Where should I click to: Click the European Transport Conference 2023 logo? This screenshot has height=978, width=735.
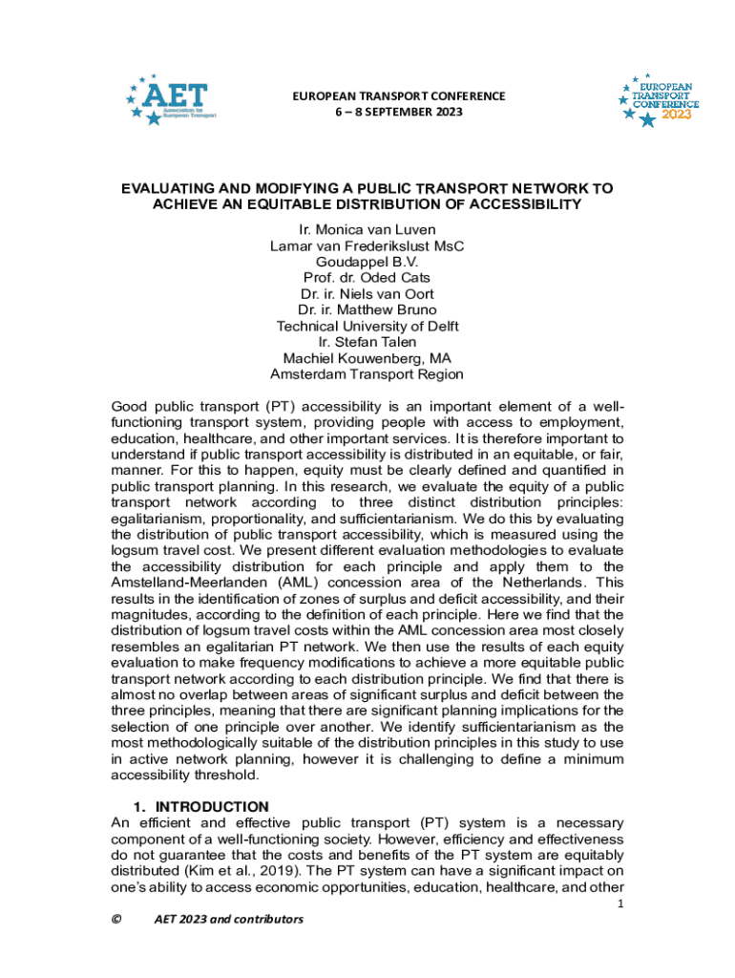pos(659,99)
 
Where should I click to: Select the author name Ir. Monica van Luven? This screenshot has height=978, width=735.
pos(367,229)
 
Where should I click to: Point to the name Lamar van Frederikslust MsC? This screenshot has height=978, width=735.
pos(367,245)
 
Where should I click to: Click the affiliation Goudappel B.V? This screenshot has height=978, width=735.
pos(367,261)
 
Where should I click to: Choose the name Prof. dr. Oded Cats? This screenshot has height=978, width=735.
pos(367,277)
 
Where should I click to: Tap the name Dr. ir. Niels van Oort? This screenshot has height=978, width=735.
pos(367,293)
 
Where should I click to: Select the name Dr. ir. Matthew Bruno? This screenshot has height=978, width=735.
pos(367,309)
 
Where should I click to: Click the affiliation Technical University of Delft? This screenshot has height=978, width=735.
pos(367,326)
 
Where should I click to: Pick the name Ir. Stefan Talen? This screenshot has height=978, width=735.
pos(367,342)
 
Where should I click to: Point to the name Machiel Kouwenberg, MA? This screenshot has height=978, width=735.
pos(367,358)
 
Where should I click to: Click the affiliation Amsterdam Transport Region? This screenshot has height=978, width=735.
pos(367,374)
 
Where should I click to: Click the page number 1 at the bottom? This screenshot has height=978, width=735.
pos(620,904)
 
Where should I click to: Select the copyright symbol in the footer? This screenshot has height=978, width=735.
pos(116,919)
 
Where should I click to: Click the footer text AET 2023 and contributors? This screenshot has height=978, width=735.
pos(228,919)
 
